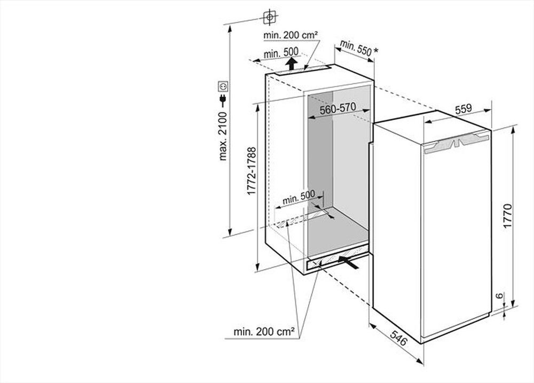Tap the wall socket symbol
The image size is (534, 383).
223,85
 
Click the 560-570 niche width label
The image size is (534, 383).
337,108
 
